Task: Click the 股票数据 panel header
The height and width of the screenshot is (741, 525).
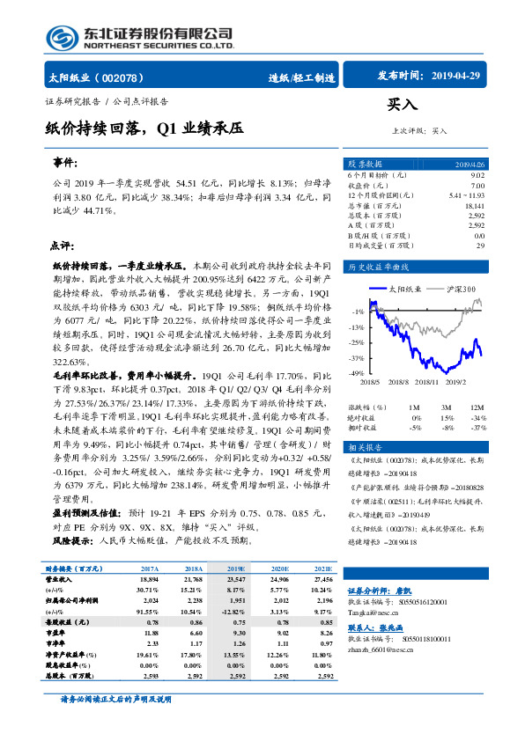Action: pyautogui.click(x=366, y=164)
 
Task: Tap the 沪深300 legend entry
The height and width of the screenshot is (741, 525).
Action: pyautogui.click(x=462, y=289)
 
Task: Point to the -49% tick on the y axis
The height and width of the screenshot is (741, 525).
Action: pyautogui.click(x=357, y=374)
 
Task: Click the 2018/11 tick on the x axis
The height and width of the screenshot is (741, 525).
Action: pyautogui.click(x=427, y=383)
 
